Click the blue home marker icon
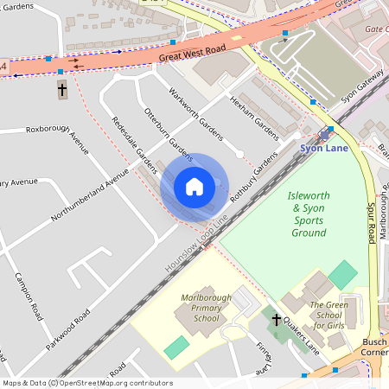click(194, 187)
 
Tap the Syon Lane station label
click(324, 148)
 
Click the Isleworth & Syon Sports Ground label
click(309, 214)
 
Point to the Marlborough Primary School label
click(206, 309)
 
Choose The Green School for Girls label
click(328, 316)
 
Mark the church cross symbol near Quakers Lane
click(277, 320)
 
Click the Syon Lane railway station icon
click(325, 134)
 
